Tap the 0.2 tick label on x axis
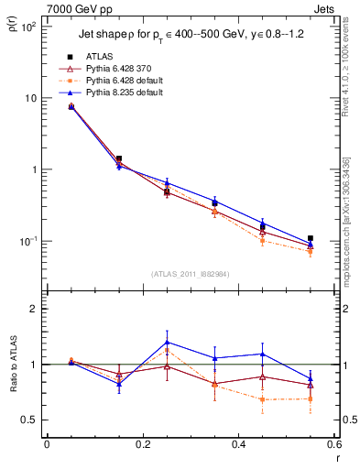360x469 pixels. (142, 444)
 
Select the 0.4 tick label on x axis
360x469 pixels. (238, 444)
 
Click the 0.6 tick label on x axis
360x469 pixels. (333, 444)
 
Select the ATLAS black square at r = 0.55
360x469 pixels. (311, 238)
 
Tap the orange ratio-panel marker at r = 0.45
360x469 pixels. (263, 399)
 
